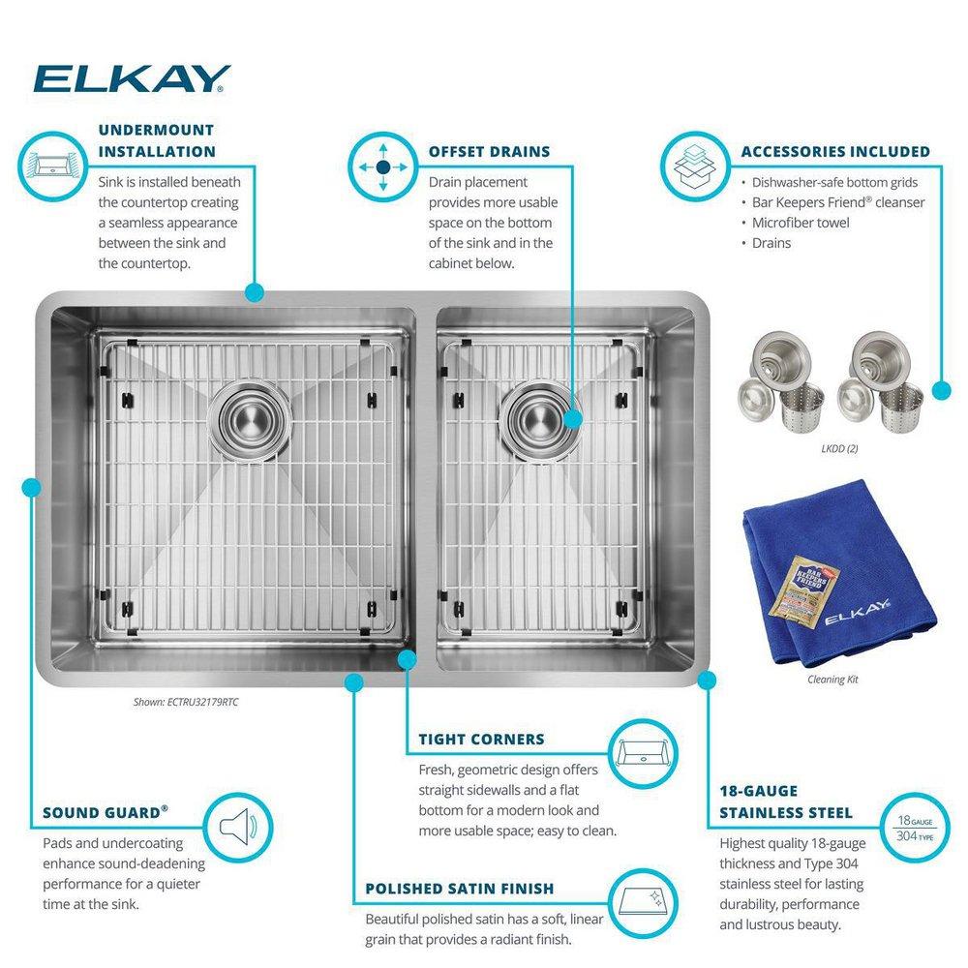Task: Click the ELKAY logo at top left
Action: (132, 78)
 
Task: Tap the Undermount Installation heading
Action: (157, 140)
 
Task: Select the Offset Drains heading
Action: (489, 151)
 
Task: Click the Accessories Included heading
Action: (835, 151)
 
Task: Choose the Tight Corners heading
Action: (481, 740)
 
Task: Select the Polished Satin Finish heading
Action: (459, 889)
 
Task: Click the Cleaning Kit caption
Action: (832, 680)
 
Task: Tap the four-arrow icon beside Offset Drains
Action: (382, 166)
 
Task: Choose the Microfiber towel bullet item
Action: (801, 223)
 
